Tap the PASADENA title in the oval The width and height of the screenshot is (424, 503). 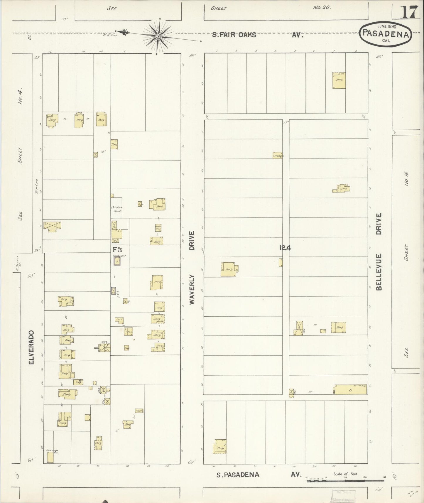tap(386, 33)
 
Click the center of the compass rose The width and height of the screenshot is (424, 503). tap(158, 36)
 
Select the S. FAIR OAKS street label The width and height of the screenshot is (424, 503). tap(234, 35)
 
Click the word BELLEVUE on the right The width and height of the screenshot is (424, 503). tap(379, 272)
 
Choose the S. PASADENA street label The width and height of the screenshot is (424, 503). tap(238, 475)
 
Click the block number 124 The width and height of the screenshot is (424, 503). tap(285, 248)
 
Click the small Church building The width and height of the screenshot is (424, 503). tap(277, 155)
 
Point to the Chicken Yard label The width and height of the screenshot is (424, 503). tap(116, 209)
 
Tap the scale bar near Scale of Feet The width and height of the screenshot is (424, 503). tap(346, 481)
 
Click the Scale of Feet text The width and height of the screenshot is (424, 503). tap(345, 474)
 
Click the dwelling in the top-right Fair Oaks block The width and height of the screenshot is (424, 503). tap(339, 80)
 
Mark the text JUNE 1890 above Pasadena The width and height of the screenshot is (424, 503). tap(387, 26)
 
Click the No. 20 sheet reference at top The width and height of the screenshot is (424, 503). tap(322, 8)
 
